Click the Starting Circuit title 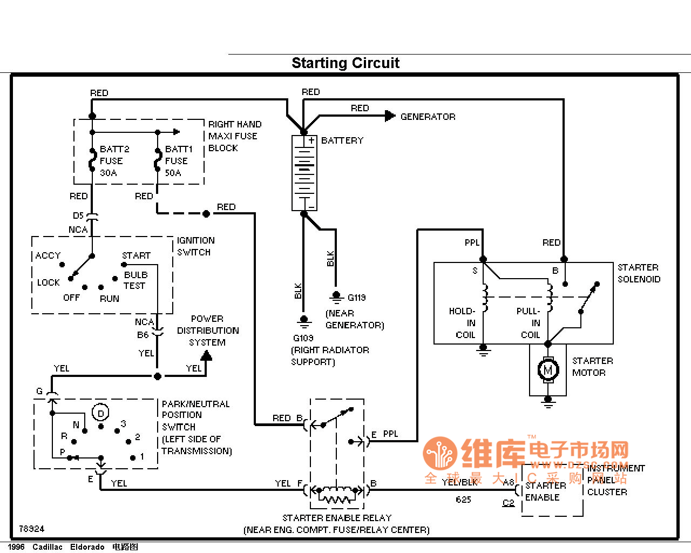tap(345, 63)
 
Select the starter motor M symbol tap(548, 370)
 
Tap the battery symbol tap(304, 173)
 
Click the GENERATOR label tap(428, 117)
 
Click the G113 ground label tap(356, 298)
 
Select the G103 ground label tap(303, 338)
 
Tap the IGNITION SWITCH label tap(195, 246)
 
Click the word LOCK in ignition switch tap(48, 282)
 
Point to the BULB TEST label tap(135, 280)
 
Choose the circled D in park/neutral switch tap(100, 413)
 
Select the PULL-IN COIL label tap(530, 323)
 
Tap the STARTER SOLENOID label tap(639, 273)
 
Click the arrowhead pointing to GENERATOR tap(390, 116)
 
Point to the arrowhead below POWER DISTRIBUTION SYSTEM tap(206, 356)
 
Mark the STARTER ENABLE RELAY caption tap(337, 518)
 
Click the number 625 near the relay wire tap(463, 500)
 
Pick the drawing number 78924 tap(32, 529)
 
